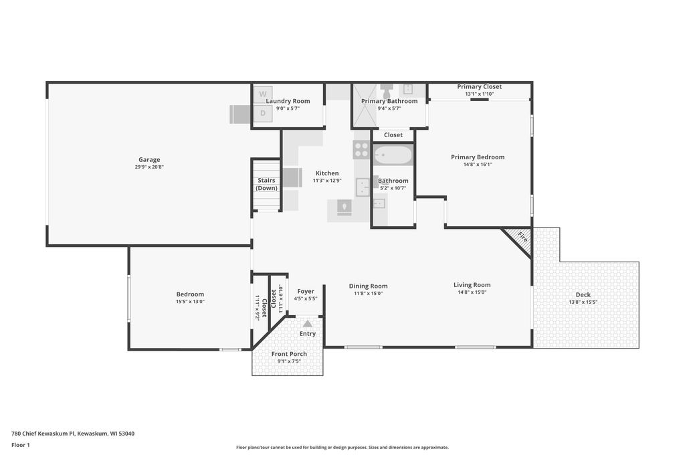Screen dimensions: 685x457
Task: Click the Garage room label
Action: [149, 159]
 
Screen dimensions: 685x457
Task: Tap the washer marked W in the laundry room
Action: [263, 94]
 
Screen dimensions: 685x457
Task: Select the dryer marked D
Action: [263, 113]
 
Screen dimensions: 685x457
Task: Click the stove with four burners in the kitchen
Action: [362, 149]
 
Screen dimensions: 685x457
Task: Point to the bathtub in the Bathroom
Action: [393, 155]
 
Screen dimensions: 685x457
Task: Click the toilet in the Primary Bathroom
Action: [387, 91]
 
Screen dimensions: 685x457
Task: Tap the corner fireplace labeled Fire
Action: [518, 242]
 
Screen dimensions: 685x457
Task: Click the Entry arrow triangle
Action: [308, 324]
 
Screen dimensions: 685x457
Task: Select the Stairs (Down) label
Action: [266, 184]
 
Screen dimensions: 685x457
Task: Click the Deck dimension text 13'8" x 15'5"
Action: [583, 302]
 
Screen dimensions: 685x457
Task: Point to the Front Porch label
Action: [289, 354]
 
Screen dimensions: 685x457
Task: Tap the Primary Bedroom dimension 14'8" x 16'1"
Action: [478, 165]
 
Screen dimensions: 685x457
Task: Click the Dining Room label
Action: [369, 286]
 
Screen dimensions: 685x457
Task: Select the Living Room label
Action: [472, 285]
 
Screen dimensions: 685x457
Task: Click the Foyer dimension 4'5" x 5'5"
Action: [305, 299]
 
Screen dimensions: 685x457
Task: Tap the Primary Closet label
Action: [479, 86]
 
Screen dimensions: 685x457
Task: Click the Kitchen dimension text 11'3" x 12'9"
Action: [326, 181]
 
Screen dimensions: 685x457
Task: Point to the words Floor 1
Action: [21, 445]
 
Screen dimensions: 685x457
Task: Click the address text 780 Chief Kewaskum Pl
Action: [43, 434]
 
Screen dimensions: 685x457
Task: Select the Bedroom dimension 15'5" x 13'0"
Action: [190, 302]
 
